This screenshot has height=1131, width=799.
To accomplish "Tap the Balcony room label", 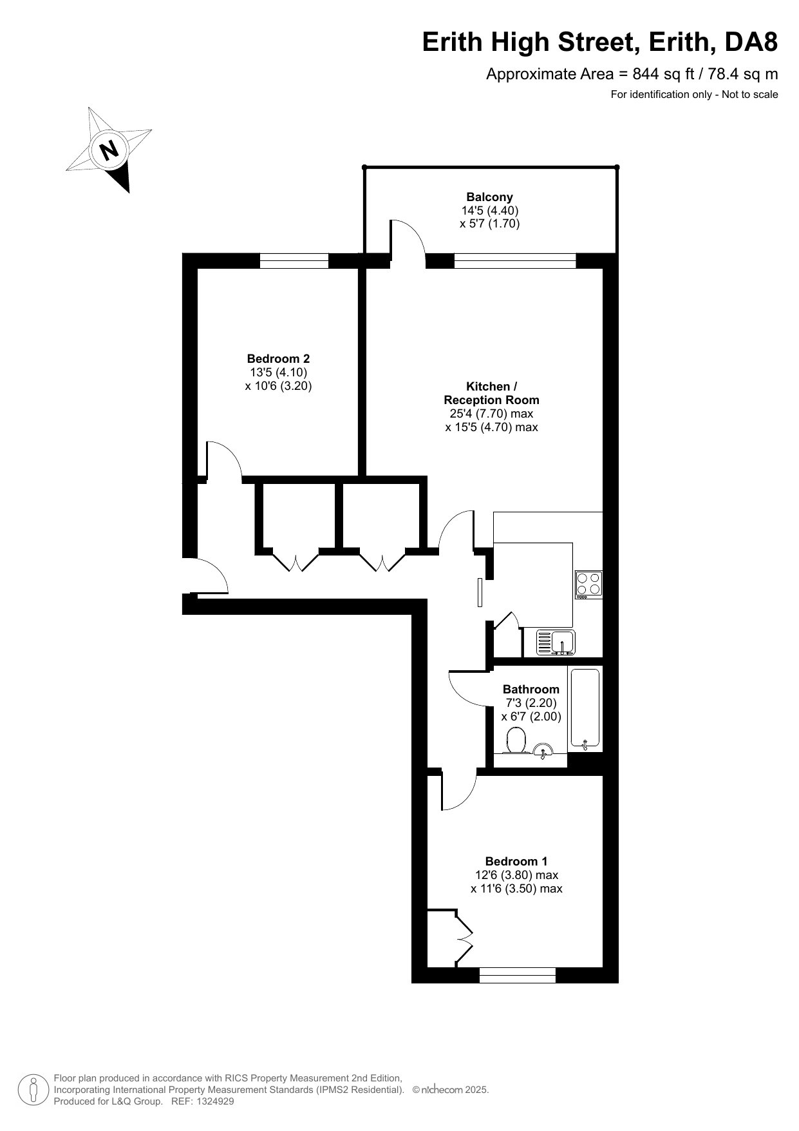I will click(x=489, y=197).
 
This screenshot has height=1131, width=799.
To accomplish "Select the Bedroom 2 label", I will click(x=278, y=359).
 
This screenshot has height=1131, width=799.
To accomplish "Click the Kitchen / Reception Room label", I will click(x=491, y=393).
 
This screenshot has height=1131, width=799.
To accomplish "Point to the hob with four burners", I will click(x=588, y=584).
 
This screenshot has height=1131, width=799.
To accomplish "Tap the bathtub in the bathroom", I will click(x=585, y=708).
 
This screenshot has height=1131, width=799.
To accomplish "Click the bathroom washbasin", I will click(x=543, y=749).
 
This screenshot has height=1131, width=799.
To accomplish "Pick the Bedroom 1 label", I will click(x=516, y=862).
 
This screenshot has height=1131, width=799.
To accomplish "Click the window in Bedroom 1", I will click(x=517, y=975).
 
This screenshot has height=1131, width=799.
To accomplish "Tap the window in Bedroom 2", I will click(x=294, y=260).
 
